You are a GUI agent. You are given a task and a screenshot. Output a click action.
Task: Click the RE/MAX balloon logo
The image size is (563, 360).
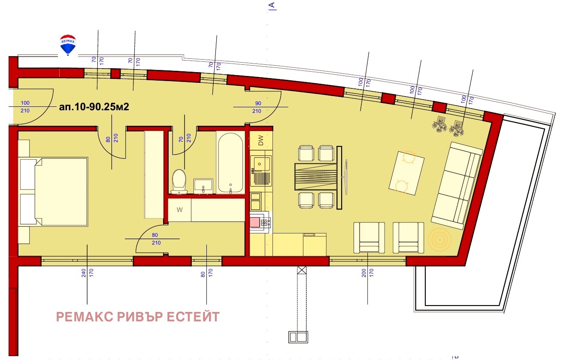point(67,44)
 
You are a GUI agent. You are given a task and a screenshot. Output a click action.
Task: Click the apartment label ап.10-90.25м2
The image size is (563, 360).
point(94,107)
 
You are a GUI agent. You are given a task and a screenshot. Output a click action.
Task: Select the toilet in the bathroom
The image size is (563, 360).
point(179,180)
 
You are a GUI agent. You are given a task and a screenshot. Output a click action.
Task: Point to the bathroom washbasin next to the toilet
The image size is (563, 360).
point(203,186)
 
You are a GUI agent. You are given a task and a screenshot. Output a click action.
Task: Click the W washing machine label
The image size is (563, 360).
point(180,210)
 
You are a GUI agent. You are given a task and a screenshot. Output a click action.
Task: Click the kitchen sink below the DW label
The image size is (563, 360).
point(261,164)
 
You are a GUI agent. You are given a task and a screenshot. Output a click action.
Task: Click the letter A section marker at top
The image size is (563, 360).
point(272,5)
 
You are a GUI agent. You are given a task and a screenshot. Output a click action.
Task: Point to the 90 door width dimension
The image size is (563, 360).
point(258,103)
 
